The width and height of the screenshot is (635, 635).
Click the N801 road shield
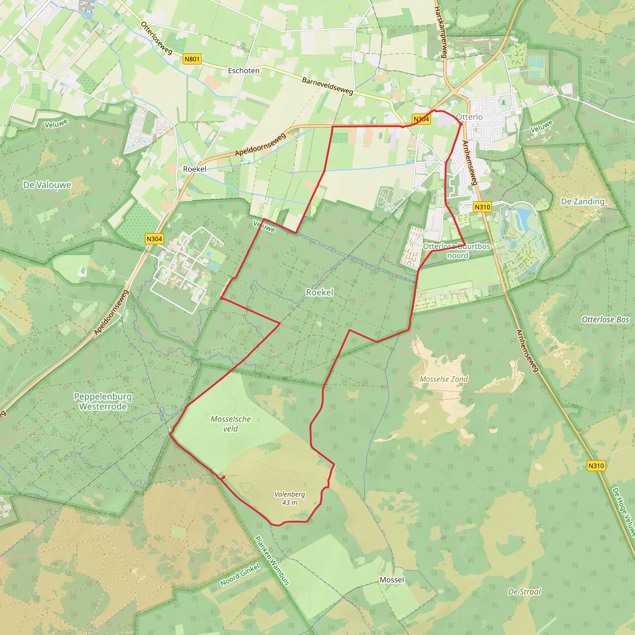192,59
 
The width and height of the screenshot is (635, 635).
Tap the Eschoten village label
243,71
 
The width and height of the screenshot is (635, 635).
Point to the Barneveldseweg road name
327,86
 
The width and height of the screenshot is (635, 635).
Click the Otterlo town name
469,117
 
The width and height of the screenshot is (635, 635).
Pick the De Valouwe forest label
47,185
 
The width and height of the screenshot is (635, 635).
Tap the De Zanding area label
582,202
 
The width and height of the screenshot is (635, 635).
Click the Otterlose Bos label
605,319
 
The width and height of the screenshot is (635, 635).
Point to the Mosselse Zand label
444,379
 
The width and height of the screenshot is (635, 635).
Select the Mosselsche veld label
231,424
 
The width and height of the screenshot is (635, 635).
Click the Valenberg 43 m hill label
290,498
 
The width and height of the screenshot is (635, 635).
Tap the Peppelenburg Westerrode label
103,401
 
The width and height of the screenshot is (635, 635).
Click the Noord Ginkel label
240,575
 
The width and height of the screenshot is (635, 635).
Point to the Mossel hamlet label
392,580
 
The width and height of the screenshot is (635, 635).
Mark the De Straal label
524,592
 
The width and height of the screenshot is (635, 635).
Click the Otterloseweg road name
157,38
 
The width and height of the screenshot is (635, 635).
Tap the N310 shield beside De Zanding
482,207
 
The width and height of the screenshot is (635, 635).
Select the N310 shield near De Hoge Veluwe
596,466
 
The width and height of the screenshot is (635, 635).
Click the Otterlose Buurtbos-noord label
458,251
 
